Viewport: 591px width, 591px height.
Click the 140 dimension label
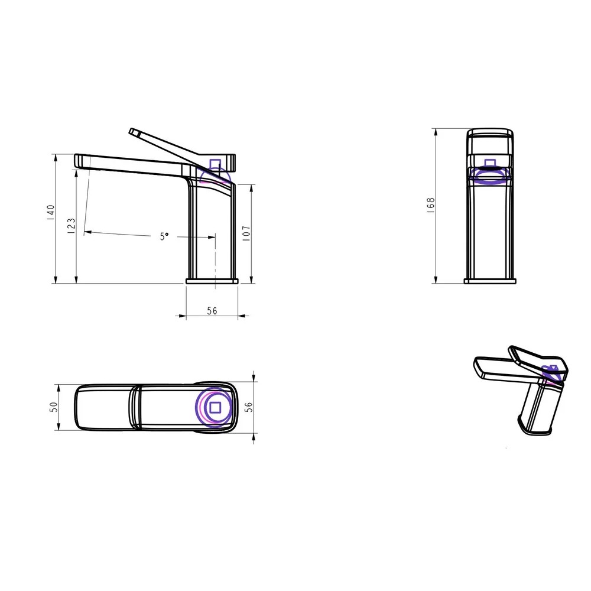51,213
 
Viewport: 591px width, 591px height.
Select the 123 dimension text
72,226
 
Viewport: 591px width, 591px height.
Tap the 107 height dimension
246,233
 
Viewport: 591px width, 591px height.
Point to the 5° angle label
164,236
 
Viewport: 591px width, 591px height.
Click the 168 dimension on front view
431,206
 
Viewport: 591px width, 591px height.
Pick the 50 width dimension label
54,407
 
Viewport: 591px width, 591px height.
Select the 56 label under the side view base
212,311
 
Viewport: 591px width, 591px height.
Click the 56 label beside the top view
249,407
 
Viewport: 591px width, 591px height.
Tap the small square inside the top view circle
215,407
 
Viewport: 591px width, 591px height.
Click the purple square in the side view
215,164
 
